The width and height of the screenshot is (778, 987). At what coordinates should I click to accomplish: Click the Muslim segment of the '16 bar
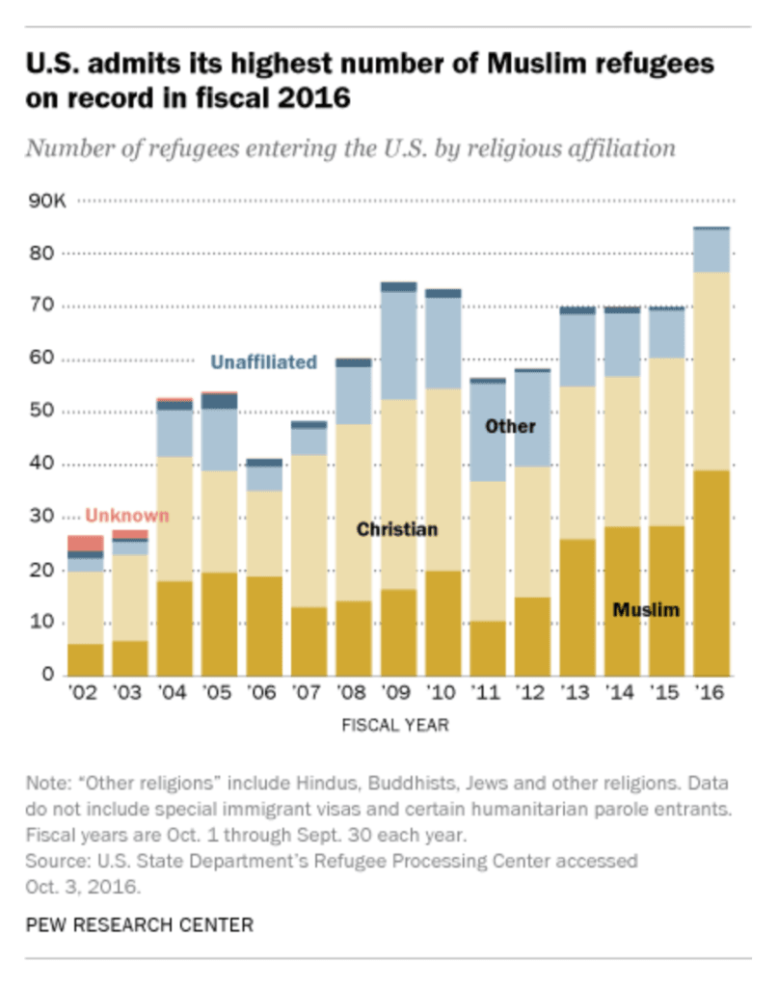coord(711,573)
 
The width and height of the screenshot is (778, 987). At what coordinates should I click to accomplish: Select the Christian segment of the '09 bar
coord(398,494)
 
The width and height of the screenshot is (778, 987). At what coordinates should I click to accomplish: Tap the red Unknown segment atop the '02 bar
coord(86,544)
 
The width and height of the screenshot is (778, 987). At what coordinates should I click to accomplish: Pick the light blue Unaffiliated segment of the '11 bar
coord(488,433)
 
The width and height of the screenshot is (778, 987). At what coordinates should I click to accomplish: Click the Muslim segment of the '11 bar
coord(488,649)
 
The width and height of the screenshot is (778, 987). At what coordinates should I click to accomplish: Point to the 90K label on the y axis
coord(46,200)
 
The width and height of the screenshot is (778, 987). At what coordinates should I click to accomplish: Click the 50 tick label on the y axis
coord(41,411)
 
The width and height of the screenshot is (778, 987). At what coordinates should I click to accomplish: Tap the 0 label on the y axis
coord(48,674)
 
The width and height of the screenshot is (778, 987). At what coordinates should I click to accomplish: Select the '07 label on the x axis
coord(307,692)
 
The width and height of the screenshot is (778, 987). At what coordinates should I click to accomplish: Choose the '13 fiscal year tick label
coord(576,692)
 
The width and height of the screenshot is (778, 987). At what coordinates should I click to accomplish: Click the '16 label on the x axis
coord(710,692)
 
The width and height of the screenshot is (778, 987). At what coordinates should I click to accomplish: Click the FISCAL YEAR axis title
coord(395,725)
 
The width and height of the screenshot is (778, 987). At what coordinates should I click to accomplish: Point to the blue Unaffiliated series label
coord(264,362)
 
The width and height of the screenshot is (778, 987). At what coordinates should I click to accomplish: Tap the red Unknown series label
coord(127,516)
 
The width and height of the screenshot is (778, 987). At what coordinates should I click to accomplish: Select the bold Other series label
coord(511,426)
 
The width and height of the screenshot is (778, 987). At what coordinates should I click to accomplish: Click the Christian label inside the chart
coord(397,529)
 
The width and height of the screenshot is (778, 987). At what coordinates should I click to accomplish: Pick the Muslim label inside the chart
coord(647,609)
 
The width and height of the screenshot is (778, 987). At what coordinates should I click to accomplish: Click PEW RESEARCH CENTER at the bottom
coord(140,924)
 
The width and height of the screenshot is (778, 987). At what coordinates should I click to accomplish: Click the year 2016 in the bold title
coord(313,97)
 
